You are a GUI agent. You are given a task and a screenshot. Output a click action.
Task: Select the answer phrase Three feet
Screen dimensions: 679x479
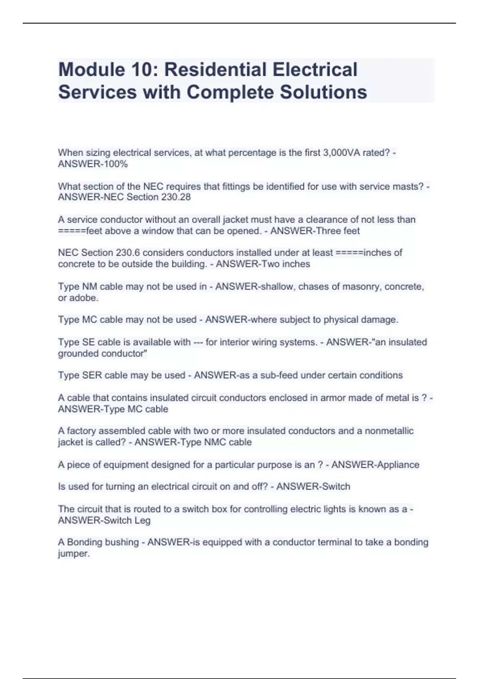335,231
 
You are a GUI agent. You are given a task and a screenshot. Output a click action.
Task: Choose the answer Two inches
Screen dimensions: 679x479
290,264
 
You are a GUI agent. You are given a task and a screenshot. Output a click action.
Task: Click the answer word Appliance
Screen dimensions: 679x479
396,465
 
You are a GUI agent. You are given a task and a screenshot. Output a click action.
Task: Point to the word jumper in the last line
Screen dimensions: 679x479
73,554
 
